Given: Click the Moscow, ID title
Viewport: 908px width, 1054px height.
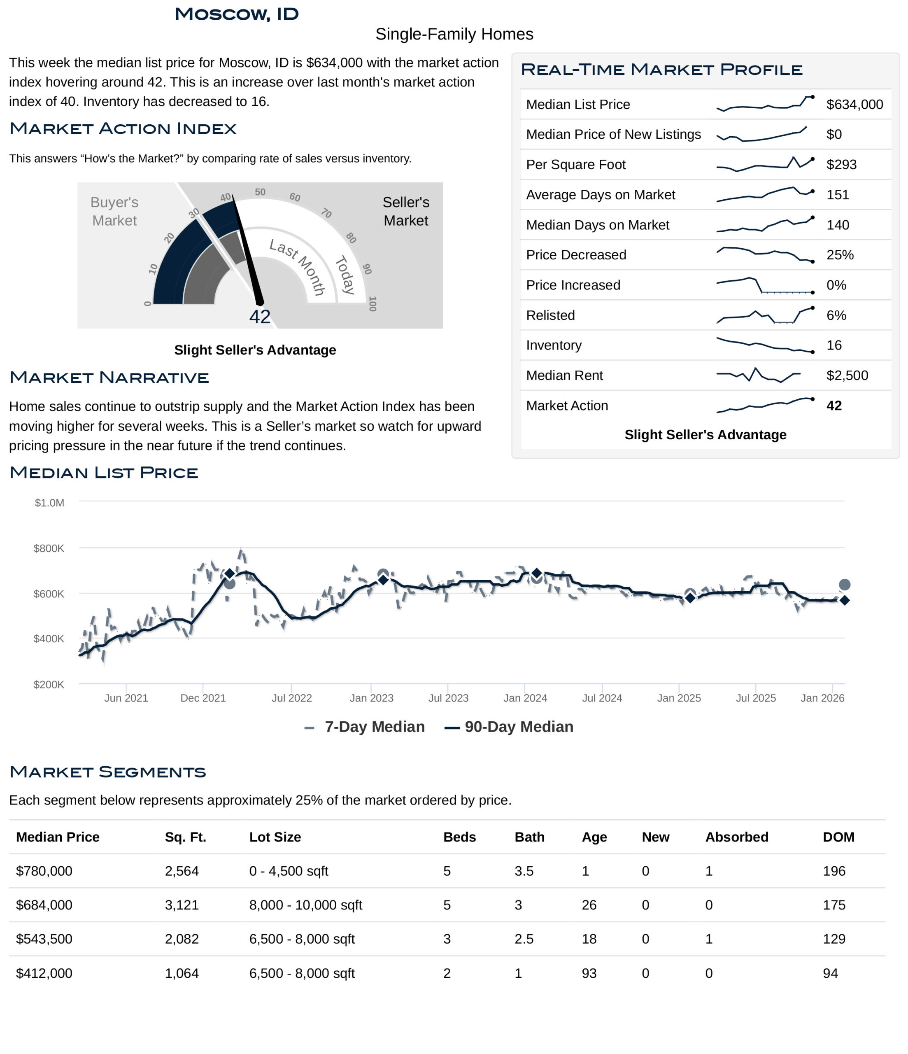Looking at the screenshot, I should [237, 14].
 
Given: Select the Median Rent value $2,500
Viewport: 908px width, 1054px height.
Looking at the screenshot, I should [847, 376].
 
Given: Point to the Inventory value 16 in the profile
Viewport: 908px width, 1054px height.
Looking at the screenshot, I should [834, 345].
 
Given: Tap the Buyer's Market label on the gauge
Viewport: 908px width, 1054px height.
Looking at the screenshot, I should [114, 212].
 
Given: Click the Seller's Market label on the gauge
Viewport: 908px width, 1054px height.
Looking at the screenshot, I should [405, 212].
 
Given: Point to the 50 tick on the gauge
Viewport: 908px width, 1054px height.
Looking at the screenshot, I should [260, 192].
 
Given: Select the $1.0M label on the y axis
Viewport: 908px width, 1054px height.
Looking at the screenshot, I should [49, 503].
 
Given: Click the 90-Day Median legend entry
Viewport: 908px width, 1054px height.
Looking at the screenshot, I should [511, 727].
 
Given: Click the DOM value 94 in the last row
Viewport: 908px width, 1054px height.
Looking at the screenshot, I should [830, 974].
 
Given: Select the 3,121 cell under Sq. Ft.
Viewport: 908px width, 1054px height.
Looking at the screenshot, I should [182, 905].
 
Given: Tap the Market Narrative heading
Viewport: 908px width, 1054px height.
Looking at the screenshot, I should [109, 378].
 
